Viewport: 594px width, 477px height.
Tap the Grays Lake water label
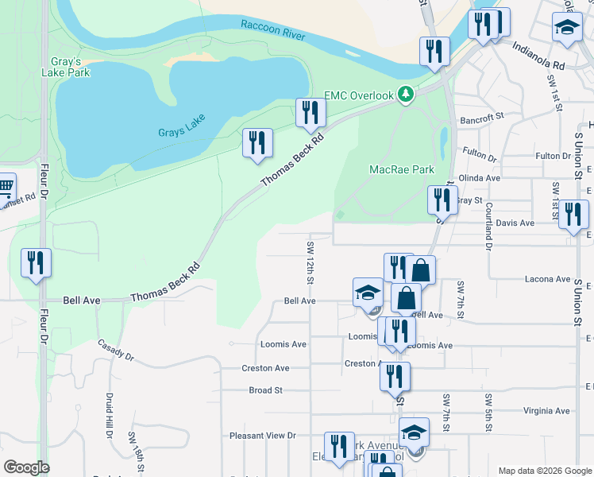(x=181, y=124)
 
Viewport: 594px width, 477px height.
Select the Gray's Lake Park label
(x=67, y=67)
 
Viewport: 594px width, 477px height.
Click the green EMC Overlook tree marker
(x=406, y=95)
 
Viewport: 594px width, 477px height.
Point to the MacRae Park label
(x=402, y=169)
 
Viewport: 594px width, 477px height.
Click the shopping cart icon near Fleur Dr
(x=5, y=188)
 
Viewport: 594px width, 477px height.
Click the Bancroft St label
(x=482, y=118)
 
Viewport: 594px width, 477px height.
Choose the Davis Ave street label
(x=515, y=223)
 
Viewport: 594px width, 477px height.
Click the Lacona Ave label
(x=547, y=279)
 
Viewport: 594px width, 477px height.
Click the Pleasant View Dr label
(x=262, y=436)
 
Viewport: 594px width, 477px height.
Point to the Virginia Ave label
(x=546, y=411)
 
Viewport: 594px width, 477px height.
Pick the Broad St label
(x=266, y=390)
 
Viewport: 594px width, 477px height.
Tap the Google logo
(x=26, y=467)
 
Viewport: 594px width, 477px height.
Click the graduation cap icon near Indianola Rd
(x=567, y=29)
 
